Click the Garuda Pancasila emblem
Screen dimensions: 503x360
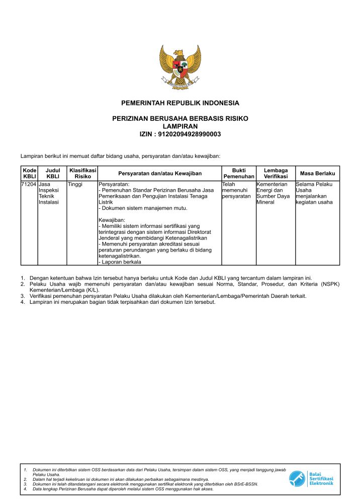(180, 67)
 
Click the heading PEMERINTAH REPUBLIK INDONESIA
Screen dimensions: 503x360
(180, 103)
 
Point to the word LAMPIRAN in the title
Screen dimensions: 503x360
(180, 126)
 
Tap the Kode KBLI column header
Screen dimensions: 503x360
(30, 174)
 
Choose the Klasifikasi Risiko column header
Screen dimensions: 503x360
(83, 174)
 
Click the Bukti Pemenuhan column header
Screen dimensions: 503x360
(239, 174)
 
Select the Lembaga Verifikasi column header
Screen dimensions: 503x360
(276, 174)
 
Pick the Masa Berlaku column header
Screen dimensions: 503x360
(317, 174)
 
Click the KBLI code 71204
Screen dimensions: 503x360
(29, 185)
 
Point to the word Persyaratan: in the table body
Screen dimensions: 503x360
(114, 185)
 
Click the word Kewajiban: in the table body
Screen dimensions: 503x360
(112, 220)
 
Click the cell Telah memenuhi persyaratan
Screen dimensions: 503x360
(237, 191)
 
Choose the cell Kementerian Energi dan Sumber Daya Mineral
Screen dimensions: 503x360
(275, 194)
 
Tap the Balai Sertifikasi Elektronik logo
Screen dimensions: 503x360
(312, 478)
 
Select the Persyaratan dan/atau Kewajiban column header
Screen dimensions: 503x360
(159, 174)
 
